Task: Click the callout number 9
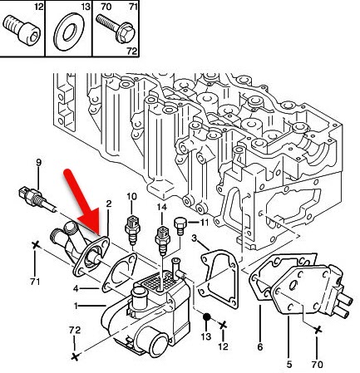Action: click(39, 162)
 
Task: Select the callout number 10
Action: click(131, 196)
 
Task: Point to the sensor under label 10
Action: click(132, 229)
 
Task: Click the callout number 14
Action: click(161, 207)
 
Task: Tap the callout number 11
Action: click(204, 222)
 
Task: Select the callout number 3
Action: click(194, 238)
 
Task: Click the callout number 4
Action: click(76, 288)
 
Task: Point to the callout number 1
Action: click(76, 306)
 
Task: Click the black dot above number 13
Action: click(206, 317)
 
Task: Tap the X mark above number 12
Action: click(223, 325)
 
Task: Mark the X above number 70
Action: click(318, 330)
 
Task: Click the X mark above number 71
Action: click(35, 245)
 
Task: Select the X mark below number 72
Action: click(75, 356)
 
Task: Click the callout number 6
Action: click(260, 346)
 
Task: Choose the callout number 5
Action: click(288, 364)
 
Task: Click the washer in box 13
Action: click(69, 33)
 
